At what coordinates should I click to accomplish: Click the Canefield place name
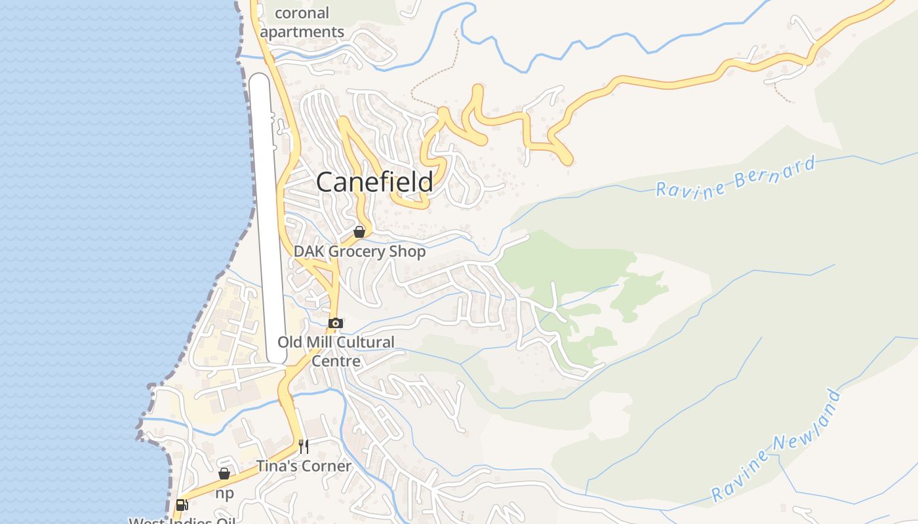click(x=374, y=182)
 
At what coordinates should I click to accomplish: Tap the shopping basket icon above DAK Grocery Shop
click(x=359, y=232)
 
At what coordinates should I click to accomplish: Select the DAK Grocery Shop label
click(x=359, y=252)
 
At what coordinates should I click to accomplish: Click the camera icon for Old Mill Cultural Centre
click(x=335, y=323)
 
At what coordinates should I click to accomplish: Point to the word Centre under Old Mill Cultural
click(x=336, y=361)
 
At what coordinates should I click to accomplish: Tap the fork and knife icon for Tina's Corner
click(x=303, y=447)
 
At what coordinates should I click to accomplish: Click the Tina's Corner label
click(x=304, y=466)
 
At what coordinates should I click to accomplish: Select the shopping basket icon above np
click(x=224, y=474)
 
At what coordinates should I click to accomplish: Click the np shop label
click(x=224, y=493)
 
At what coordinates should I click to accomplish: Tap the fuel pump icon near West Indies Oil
click(x=182, y=505)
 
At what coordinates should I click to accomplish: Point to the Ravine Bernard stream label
click(x=736, y=176)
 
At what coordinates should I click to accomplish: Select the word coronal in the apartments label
click(x=302, y=13)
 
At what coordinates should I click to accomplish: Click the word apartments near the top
click(x=302, y=31)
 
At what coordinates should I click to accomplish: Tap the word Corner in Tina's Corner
click(x=326, y=466)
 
